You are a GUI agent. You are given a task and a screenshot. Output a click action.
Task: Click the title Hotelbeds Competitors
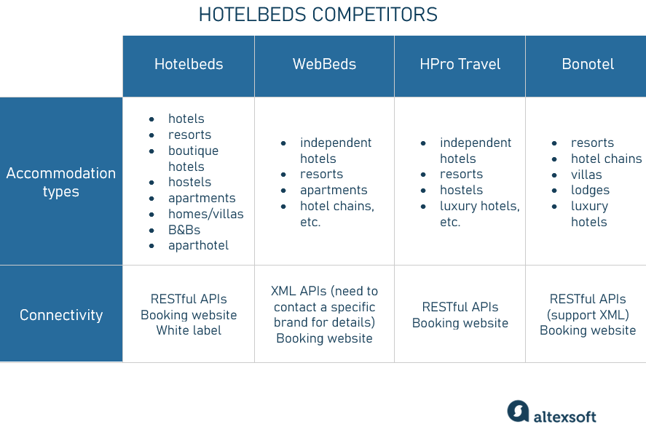pos(318,15)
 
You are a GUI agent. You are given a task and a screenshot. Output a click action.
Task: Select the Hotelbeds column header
pos(189,64)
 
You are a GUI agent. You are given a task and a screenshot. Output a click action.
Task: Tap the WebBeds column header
pos(324,64)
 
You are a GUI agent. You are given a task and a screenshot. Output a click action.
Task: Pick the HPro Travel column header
pos(460,64)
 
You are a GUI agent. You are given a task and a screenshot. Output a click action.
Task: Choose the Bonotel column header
pos(588,64)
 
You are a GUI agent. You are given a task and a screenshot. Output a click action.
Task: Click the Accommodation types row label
pos(61,182)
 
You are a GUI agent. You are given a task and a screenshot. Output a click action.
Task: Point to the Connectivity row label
pos(61,315)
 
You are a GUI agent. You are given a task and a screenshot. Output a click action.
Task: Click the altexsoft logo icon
pos(518,411)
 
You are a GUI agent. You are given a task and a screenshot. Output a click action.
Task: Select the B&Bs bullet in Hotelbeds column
pos(184,230)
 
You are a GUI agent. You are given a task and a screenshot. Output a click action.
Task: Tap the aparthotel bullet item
pos(198,245)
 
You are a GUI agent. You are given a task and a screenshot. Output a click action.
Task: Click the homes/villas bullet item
pos(205,214)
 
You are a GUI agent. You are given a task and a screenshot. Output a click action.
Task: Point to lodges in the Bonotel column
pos(590,190)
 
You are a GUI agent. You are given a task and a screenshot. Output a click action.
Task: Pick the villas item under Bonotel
pos(586,175)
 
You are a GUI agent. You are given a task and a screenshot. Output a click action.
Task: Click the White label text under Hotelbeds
pos(189,330)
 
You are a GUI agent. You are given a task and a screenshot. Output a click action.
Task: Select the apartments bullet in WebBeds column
pos(334,190)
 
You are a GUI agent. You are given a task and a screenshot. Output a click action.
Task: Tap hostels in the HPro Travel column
pos(461,190)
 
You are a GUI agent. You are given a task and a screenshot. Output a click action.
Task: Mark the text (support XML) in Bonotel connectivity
pos(588,314)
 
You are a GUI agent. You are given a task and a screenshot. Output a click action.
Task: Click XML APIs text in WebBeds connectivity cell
pos(299,291)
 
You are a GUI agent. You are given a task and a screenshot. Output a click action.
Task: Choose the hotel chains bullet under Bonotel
pos(606,159)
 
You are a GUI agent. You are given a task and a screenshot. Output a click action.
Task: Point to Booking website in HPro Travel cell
pos(460,323)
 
